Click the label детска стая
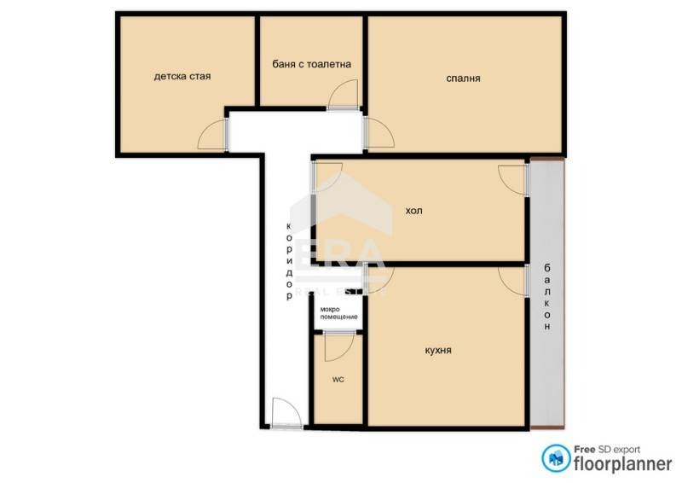coord(182,77)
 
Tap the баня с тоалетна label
coord(311,65)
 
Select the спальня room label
coord(463,79)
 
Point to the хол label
coord(413,211)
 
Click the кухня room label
coord(438,350)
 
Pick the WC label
coord(338,380)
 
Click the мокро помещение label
coord(338,313)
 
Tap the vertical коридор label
coord(289,261)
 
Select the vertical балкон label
coord(547,297)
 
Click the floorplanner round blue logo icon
coord(556,458)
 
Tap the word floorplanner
coord(623,464)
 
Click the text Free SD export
coord(607,449)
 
